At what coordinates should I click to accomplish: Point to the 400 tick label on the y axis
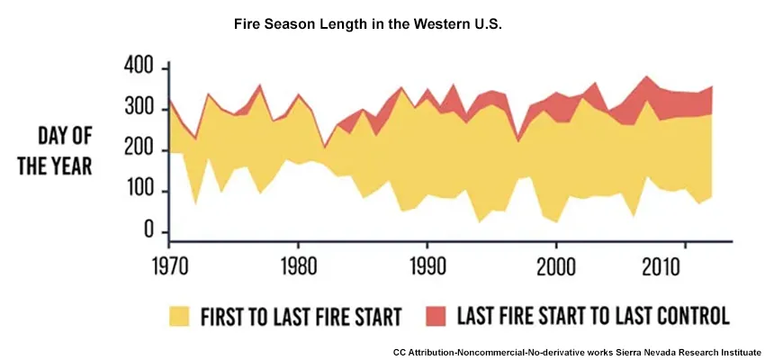(x=137, y=68)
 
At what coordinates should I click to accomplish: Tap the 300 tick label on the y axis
(x=137, y=110)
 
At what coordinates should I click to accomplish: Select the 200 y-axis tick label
(x=137, y=151)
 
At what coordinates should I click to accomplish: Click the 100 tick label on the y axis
(x=137, y=192)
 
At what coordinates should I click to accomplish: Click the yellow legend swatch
(x=180, y=315)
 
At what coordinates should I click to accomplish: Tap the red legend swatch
(x=436, y=315)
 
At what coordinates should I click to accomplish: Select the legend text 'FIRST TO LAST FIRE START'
(x=301, y=316)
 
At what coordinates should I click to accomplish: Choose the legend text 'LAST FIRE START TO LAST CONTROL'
(x=593, y=316)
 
